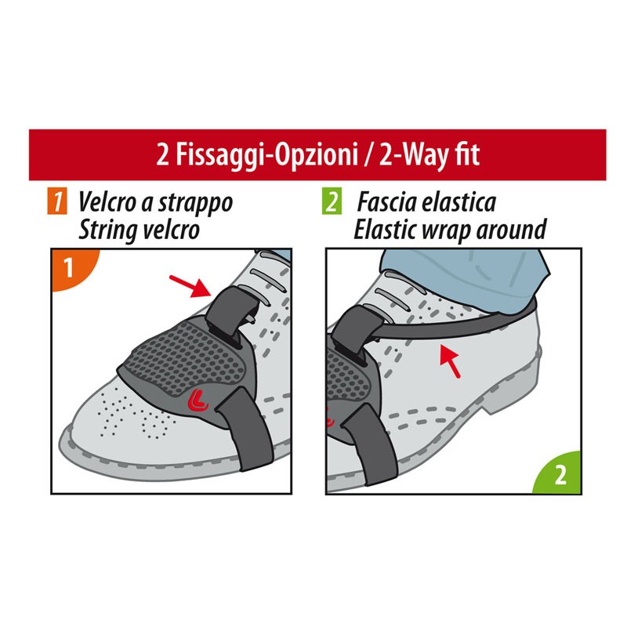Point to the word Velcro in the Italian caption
[x=105, y=202]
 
